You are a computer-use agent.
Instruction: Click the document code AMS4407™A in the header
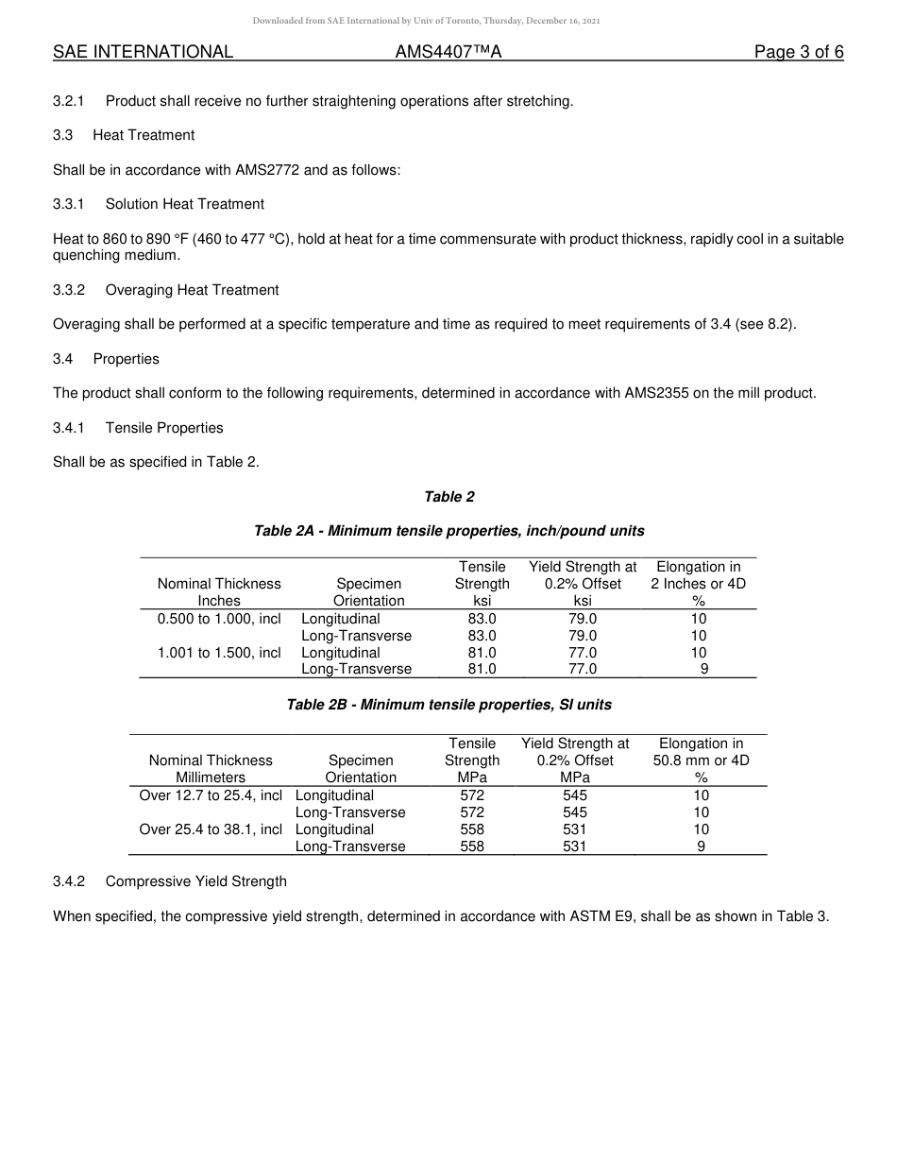point(448,52)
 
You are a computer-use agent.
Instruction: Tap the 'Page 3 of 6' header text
point(798,52)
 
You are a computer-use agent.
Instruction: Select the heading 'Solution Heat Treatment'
point(184,204)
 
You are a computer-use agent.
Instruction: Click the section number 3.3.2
point(69,290)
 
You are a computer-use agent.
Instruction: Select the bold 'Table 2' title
point(448,497)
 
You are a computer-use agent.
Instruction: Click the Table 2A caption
point(448,531)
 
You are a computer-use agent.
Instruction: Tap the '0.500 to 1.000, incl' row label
point(219,619)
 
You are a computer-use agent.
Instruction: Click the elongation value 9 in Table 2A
point(703,669)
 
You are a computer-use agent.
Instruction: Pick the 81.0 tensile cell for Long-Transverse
point(482,669)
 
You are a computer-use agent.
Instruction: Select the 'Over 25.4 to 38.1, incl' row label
point(211,829)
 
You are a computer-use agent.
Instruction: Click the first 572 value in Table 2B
point(472,795)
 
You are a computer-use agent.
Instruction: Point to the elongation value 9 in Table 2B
point(701,846)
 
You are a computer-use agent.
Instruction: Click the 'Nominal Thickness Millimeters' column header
point(211,769)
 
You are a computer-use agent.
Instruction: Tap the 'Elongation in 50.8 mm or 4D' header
point(701,760)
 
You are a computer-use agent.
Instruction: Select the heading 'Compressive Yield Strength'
point(195,881)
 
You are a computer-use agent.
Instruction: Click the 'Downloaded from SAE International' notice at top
point(426,21)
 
